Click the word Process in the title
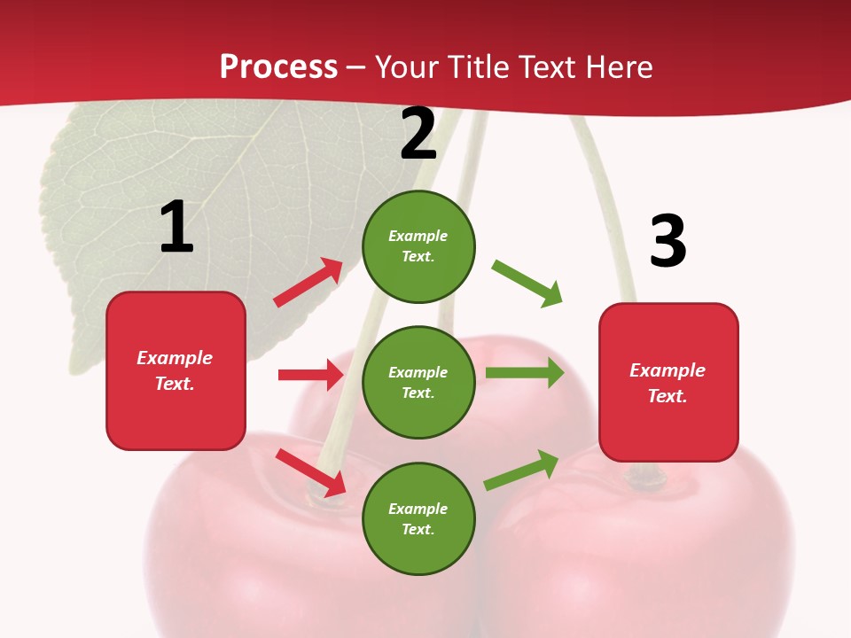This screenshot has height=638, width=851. click(x=278, y=67)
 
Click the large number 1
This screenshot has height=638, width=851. click(x=176, y=227)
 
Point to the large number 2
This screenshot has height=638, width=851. click(x=418, y=134)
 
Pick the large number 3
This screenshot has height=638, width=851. click(x=668, y=242)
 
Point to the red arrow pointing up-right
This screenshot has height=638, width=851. click(x=308, y=283)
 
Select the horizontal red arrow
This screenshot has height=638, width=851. click(x=311, y=375)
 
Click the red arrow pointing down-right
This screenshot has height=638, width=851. click(x=311, y=471)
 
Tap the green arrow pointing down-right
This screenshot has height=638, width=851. click(x=527, y=284)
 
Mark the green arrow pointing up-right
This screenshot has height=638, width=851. click(x=521, y=470)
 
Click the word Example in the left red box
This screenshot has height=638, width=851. click(x=175, y=358)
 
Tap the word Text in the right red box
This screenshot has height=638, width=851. click(x=666, y=396)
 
